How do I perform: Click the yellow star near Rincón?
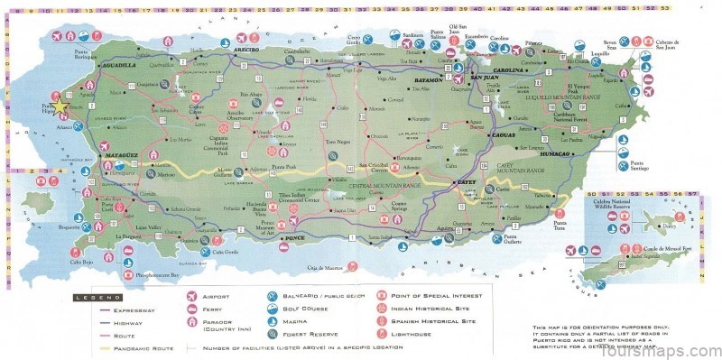(60, 106)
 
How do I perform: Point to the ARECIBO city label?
(245, 50)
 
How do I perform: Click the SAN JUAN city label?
(483, 78)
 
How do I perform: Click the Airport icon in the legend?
(190, 296)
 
